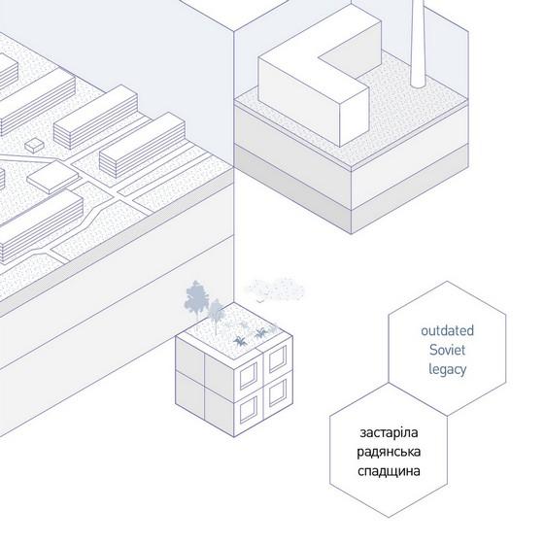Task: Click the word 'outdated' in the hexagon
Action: (447, 330)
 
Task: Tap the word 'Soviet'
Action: (447, 350)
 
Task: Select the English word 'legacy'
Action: (447, 370)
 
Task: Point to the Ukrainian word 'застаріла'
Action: (389, 433)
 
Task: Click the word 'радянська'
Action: (389, 453)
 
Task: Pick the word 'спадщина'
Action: (389, 471)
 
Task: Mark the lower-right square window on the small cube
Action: (278, 392)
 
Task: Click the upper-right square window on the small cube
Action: (278, 358)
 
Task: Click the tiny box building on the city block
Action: (35, 145)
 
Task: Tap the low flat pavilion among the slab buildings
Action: (53, 177)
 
